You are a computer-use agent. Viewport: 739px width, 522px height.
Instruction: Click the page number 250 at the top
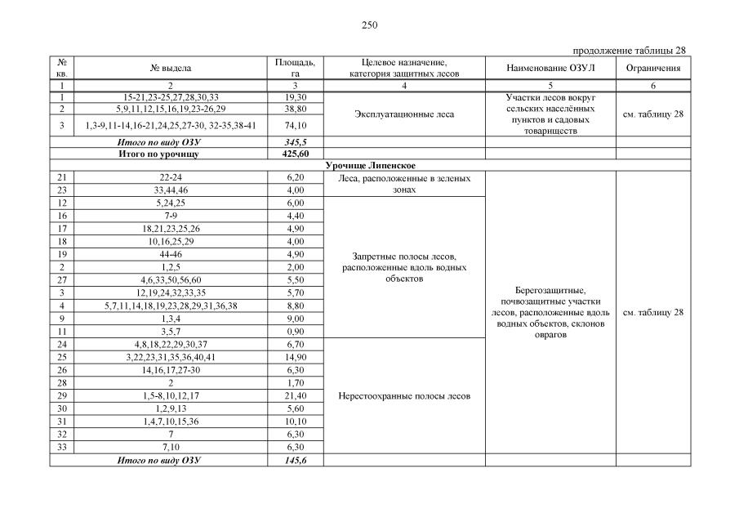click(x=369, y=25)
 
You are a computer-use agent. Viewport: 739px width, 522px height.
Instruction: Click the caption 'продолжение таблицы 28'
click(x=630, y=51)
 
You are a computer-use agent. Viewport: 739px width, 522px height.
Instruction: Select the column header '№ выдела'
click(x=171, y=69)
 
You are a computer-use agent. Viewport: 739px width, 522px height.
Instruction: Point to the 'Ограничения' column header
click(x=653, y=69)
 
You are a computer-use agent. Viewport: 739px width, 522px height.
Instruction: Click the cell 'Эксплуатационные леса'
click(x=404, y=114)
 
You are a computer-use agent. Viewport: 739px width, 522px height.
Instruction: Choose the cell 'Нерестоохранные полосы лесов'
click(x=404, y=397)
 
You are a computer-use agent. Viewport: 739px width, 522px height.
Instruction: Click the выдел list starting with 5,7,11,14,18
click(x=171, y=306)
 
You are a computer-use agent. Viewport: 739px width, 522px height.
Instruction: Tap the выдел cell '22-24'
click(x=171, y=177)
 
